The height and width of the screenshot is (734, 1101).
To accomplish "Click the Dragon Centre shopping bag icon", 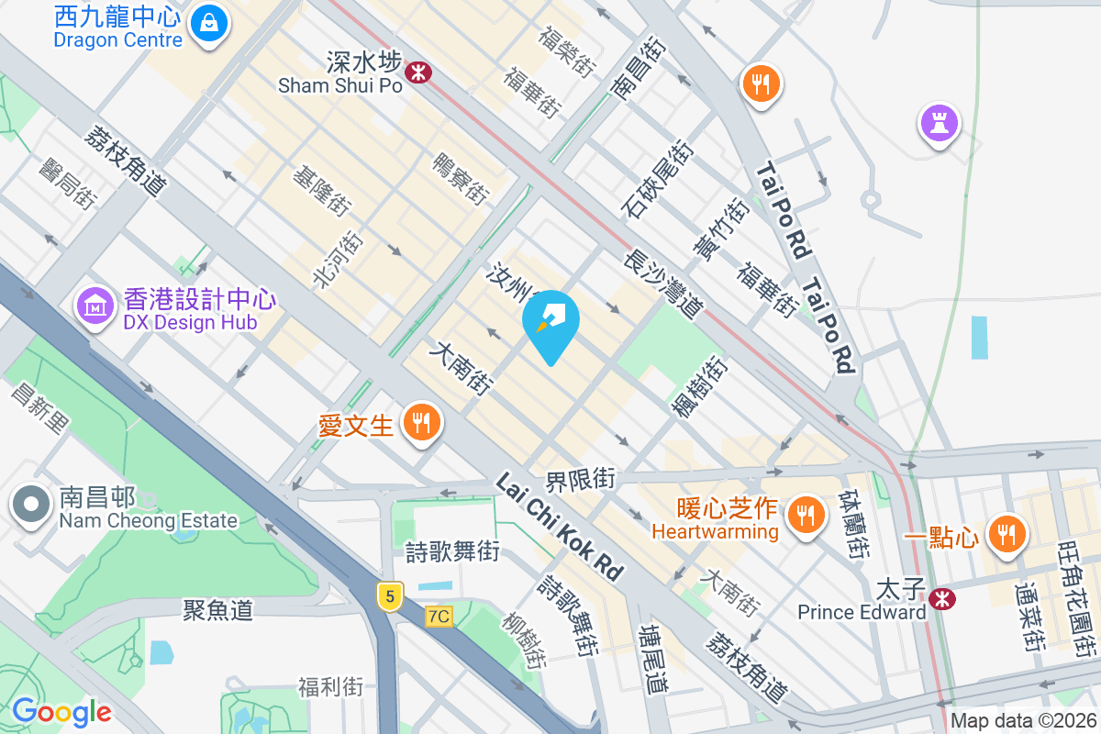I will (x=210, y=21).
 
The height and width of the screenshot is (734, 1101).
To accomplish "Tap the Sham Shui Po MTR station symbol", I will (x=418, y=71).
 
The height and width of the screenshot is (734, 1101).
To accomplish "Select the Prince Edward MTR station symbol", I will (x=940, y=598).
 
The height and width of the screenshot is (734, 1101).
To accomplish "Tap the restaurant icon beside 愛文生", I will (x=422, y=424).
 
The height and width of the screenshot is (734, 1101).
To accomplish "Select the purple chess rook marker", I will (x=938, y=123).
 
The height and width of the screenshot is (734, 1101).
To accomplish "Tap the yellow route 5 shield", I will (x=390, y=596).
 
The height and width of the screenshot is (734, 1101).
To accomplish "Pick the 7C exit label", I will (x=439, y=617).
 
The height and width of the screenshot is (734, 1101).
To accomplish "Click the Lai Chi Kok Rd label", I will (x=561, y=527).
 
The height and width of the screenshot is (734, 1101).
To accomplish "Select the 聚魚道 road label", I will (x=217, y=609).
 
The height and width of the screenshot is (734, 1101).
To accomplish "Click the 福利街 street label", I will (x=331, y=686).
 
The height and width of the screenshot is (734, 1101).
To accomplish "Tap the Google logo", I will (x=61, y=711).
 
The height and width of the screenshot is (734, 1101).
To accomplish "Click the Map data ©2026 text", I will (x=1023, y=721).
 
